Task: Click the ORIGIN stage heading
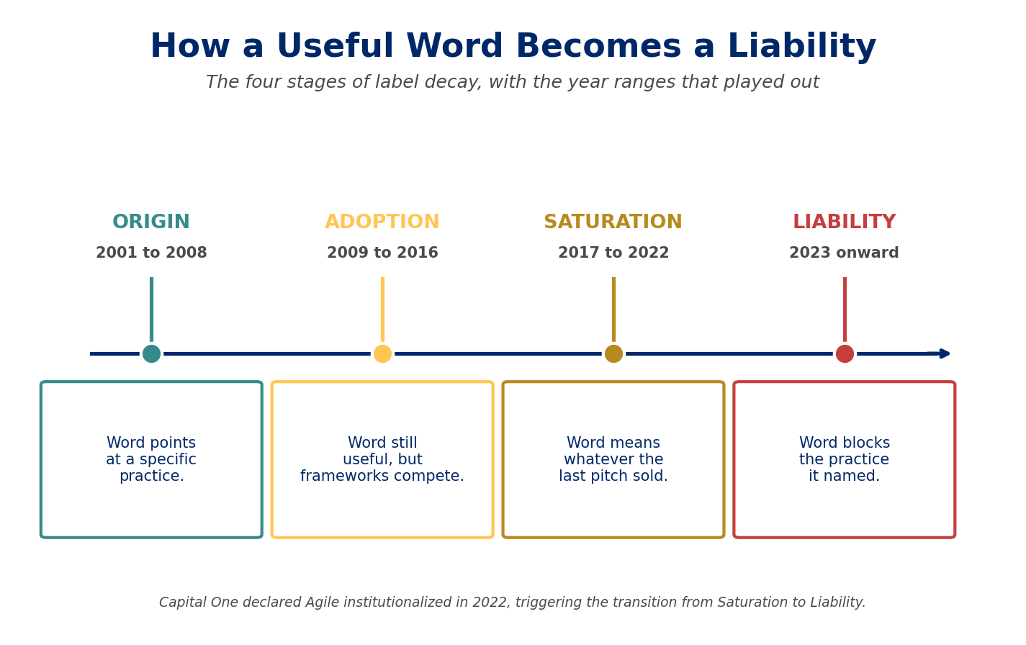point(151,222)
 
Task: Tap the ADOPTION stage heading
point(382,222)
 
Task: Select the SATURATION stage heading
point(613,222)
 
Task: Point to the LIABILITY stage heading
point(844,222)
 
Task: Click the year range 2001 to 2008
point(151,253)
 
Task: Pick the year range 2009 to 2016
point(382,253)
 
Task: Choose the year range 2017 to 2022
point(613,253)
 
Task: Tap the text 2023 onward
point(844,253)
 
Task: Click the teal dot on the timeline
point(152,353)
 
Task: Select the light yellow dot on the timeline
point(382,353)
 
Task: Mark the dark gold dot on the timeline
point(613,353)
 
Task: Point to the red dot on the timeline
point(845,353)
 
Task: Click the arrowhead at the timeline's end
point(945,353)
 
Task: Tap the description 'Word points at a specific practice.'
point(151,459)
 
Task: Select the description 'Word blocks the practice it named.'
point(844,459)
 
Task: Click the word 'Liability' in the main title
point(801,47)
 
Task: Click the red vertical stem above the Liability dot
point(845,310)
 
